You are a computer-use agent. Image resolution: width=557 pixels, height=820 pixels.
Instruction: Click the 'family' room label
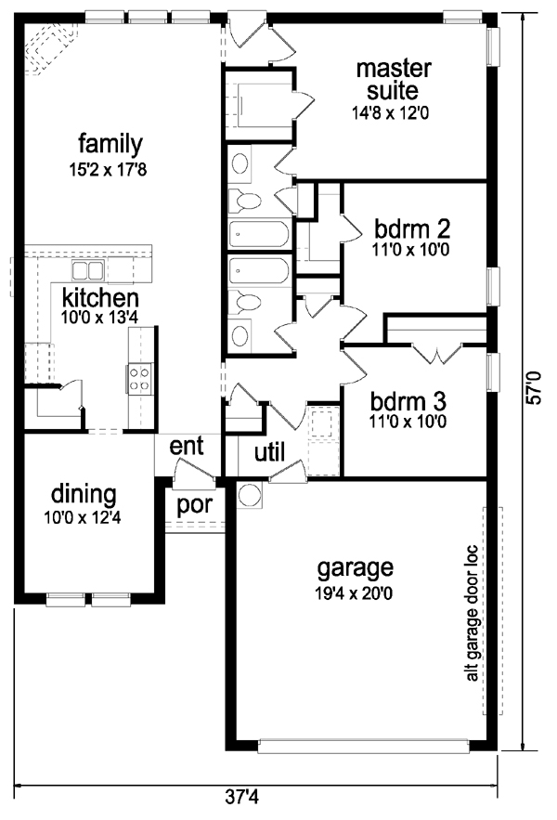[110, 144]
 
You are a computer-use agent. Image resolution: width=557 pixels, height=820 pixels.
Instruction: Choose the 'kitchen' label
[100, 298]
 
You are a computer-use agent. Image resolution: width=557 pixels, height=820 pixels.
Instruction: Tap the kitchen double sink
[88, 271]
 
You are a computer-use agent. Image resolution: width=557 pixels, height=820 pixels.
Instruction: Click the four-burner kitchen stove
[139, 378]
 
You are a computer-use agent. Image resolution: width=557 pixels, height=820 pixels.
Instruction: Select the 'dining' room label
[84, 493]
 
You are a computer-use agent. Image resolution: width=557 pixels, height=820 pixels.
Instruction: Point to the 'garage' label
[356, 566]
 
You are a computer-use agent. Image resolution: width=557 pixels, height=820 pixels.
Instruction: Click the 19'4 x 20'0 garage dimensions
[356, 592]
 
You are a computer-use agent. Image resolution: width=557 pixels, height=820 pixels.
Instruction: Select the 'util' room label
[269, 452]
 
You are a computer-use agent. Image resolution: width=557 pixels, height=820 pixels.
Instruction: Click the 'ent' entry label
[186, 446]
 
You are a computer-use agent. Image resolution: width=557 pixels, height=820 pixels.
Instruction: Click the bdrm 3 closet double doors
[434, 352]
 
